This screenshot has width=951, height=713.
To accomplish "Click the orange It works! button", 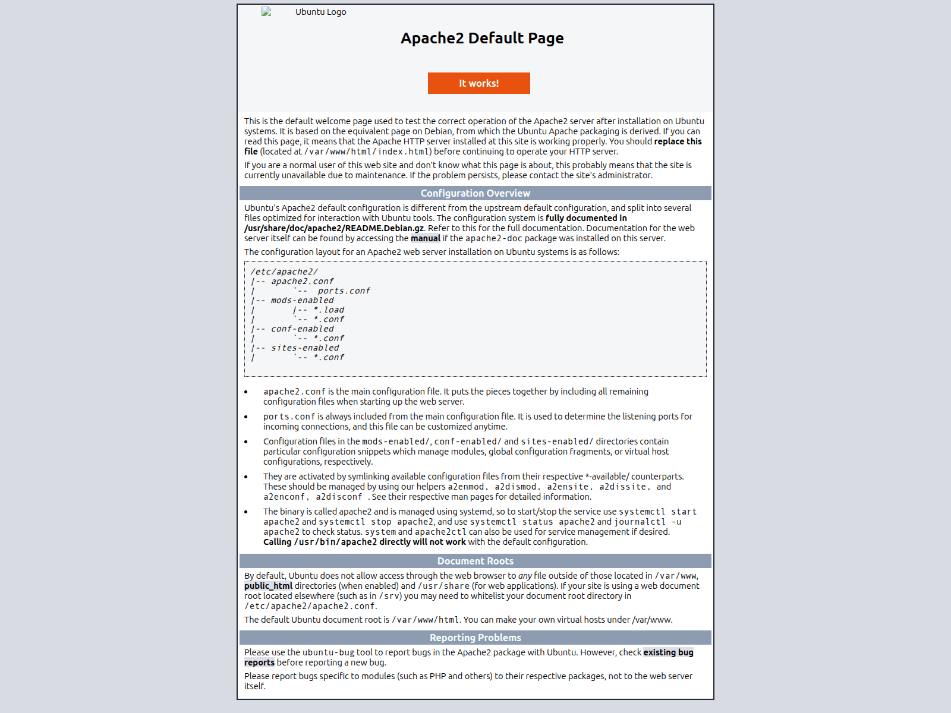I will click(478, 83).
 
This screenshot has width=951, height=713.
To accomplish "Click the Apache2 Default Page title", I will click(482, 38).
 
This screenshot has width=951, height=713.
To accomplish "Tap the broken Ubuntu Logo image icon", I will click(266, 12).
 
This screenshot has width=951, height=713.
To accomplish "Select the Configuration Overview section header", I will click(475, 193).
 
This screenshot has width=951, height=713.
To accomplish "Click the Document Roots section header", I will click(475, 561).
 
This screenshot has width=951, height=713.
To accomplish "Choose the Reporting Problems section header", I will click(475, 638).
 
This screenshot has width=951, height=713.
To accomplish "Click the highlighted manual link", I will click(426, 238).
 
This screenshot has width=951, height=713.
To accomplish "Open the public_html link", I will click(268, 586).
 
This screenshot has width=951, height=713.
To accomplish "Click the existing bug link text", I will click(668, 652).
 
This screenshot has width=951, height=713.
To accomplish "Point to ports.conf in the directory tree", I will click(344, 291).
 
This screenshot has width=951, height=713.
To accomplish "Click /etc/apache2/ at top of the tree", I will click(284, 272).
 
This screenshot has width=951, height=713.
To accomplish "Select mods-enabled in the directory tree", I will click(303, 300).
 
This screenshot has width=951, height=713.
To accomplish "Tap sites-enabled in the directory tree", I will click(305, 348).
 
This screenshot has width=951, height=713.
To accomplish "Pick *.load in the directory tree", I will click(329, 310).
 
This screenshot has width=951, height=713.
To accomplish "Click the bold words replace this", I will click(678, 141).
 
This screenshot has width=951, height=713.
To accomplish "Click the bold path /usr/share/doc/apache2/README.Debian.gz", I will click(334, 228).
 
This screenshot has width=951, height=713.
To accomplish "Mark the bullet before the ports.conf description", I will click(246, 417).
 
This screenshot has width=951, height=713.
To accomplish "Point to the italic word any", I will click(525, 576).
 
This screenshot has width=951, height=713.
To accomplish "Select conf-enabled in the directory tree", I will click(303, 329).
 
